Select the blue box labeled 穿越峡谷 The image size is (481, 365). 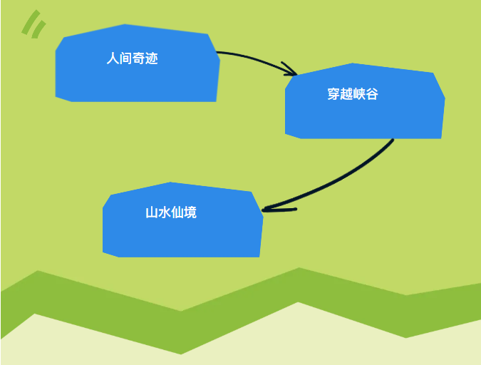(365, 101)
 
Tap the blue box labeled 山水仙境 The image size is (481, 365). (183, 220)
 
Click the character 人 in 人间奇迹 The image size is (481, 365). (113, 58)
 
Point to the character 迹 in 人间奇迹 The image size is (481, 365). (152, 58)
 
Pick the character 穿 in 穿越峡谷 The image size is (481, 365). (333, 94)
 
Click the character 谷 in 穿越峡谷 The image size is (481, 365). (372, 94)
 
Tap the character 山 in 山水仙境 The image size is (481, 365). (152, 212)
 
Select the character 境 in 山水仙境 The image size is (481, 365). (190, 212)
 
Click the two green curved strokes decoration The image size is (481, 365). (33, 24)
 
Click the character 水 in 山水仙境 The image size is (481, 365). (165, 212)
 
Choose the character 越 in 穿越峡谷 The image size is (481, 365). (346, 94)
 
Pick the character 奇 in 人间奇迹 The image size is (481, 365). (139, 58)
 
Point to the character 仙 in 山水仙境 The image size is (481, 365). (177, 212)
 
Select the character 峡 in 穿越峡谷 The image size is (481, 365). (359, 94)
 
